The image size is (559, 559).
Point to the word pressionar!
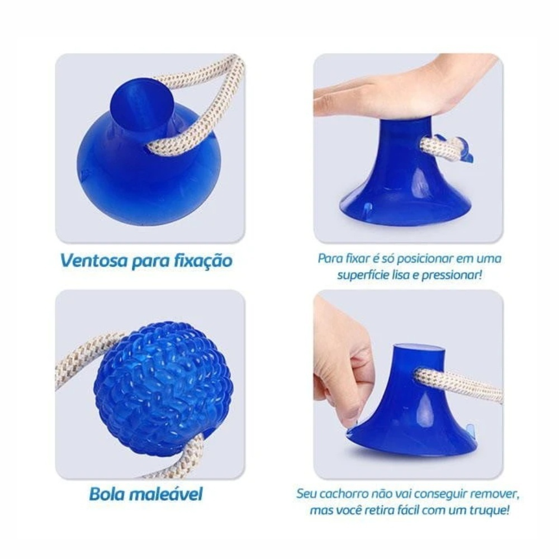pos(452,276)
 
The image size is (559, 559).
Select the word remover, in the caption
pos(495,495)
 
